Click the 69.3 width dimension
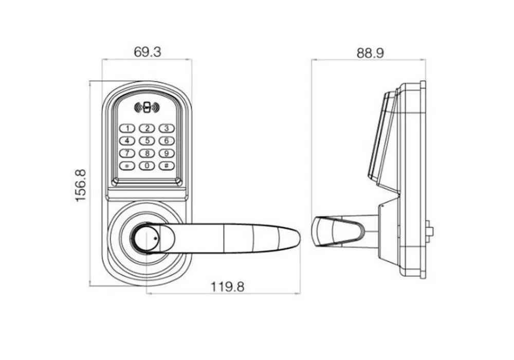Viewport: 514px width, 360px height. tap(148, 52)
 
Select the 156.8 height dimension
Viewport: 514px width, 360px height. tap(81, 185)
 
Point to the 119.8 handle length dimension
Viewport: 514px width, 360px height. tap(228, 287)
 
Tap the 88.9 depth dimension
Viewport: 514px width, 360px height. tap(370, 53)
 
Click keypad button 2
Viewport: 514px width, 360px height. tap(147, 128)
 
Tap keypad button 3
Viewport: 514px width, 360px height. tap(167, 128)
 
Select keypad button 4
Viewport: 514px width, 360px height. tap(127, 141)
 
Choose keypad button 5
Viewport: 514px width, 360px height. tap(147, 141)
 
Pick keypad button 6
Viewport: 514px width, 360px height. tap(167, 141)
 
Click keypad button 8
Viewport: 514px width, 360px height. tap(147, 153)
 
